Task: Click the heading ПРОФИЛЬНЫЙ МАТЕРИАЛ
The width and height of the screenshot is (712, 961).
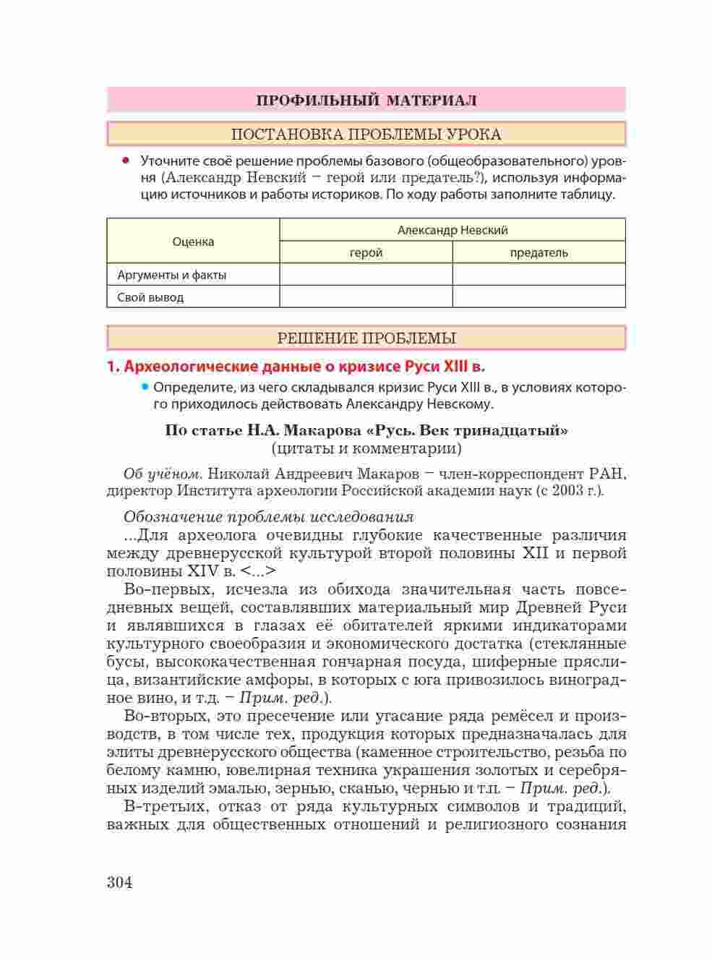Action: pos(366,100)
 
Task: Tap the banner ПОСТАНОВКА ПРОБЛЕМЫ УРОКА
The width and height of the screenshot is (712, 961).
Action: pos(366,134)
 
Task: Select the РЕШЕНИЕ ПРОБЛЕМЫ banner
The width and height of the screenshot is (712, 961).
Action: pos(366,338)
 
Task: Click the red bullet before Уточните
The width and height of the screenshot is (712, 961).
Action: pos(126,160)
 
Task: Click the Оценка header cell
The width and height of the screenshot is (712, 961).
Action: pos(193,242)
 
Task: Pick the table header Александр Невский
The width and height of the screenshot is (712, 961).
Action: pos(452,230)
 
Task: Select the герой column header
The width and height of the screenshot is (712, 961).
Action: pos(366,252)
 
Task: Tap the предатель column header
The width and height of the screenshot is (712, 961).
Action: pos(539,252)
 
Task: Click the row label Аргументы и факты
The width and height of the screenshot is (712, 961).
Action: pos(172,275)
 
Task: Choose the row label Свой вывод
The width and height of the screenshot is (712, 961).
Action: pos(150,297)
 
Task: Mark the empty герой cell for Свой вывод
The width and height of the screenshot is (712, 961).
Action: pos(366,297)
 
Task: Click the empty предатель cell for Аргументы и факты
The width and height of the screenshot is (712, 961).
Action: pos(539,275)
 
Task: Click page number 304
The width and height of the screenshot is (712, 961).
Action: pos(119,882)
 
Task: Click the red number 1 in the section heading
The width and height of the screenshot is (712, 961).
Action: pos(111,367)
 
